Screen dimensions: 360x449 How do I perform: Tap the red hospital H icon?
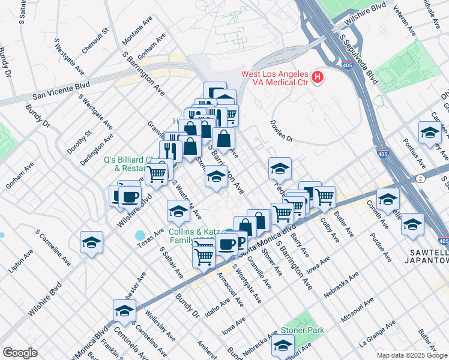coord(318,77)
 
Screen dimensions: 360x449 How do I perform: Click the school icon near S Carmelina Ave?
coord(91,242)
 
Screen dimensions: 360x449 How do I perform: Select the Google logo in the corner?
coord(19,353)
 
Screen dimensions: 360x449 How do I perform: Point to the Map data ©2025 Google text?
coord(412,355)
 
